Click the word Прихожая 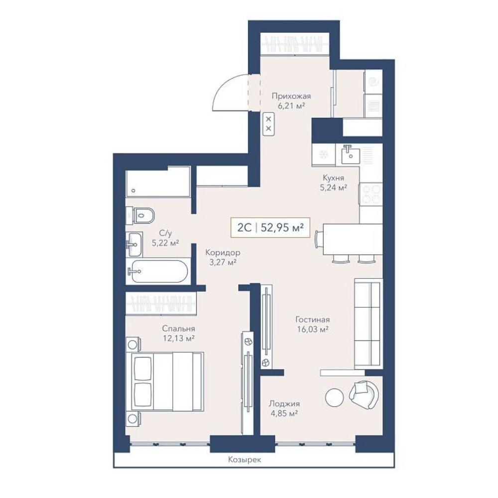tap(291, 96)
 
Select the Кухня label tap(333, 178)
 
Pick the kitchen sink tap(351, 154)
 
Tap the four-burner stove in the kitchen tap(371, 194)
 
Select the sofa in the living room tap(369, 324)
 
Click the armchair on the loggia tap(365, 394)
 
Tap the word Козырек tap(245, 460)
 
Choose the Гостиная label tap(313, 319)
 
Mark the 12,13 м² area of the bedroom tap(178, 338)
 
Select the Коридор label tap(223, 252)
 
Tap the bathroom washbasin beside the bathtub tap(134, 244)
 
